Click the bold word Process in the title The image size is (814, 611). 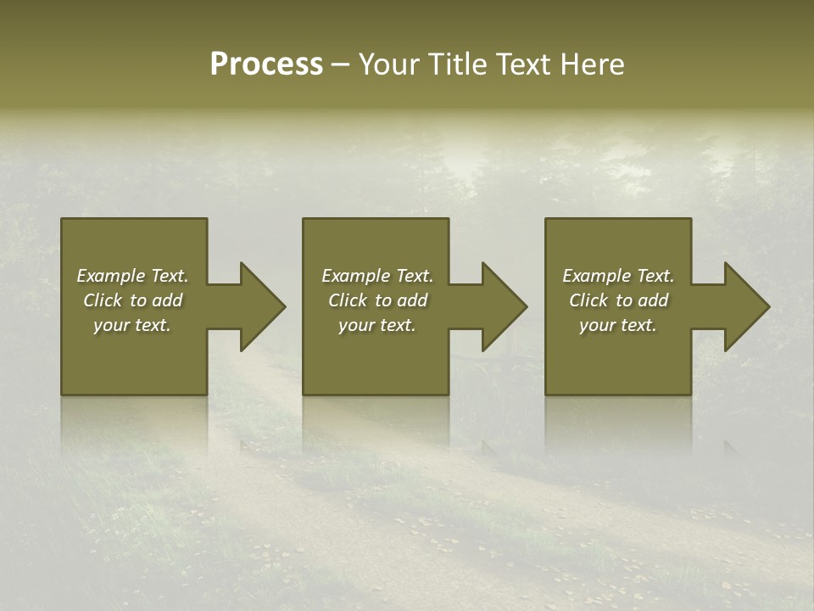tap(266, 64)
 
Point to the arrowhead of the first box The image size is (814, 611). tap(262, 306)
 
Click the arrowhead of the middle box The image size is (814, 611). tap(504, 306)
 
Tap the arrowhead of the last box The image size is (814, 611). tap(746, 306)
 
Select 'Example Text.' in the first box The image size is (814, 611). tap(132, 276)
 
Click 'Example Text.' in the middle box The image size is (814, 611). tap(377, 276)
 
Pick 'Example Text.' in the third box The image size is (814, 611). tap(618, 276)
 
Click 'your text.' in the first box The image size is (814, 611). tap(132, 325)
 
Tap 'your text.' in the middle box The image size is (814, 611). tap(377, 325)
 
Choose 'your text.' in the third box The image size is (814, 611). tap(618, 325)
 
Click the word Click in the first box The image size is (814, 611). tap(103, 300)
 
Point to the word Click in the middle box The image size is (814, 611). tap(348, 300)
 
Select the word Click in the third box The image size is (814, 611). tap(588, 300)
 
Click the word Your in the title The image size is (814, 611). tap(390, 64)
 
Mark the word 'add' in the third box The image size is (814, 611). tap(653, 300)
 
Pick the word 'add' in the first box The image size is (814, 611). tap(167, 300)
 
